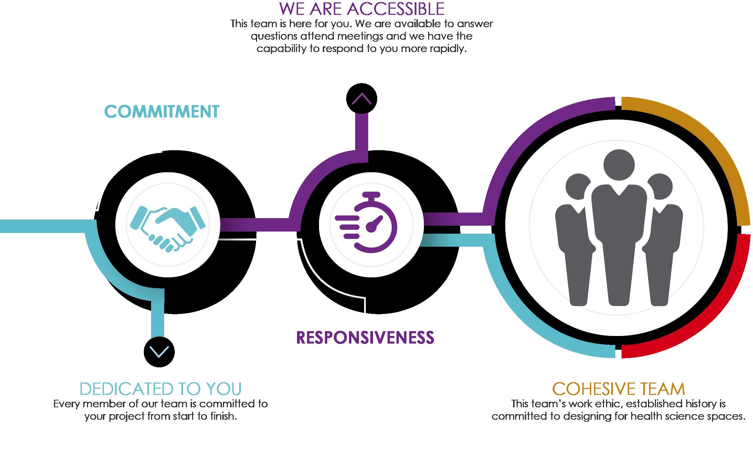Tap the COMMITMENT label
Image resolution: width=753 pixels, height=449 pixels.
pyautogui.click(x=161, y=112)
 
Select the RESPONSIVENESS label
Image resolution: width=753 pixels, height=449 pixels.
pyautogui.click(x=365, y=337)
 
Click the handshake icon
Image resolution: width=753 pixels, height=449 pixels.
pyautogui.click(x=168, y=227)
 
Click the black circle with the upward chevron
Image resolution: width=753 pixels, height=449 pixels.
pyautogui.click(x=361, y=99)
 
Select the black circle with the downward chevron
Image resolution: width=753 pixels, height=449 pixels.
pyautogui.click(x=159, y=351)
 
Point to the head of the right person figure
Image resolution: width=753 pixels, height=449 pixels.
pyautogui.click(x=660, y=188)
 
